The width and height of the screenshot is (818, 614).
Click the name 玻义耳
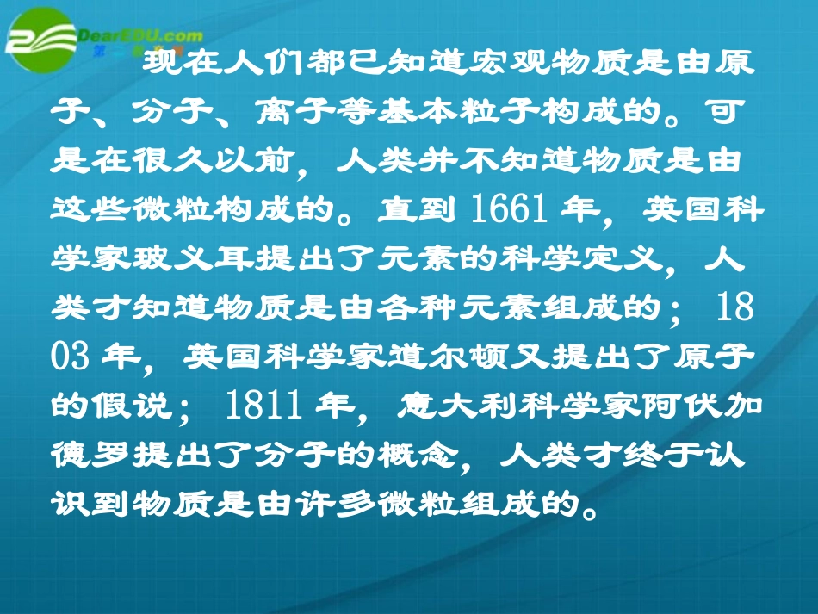point(201,258)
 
